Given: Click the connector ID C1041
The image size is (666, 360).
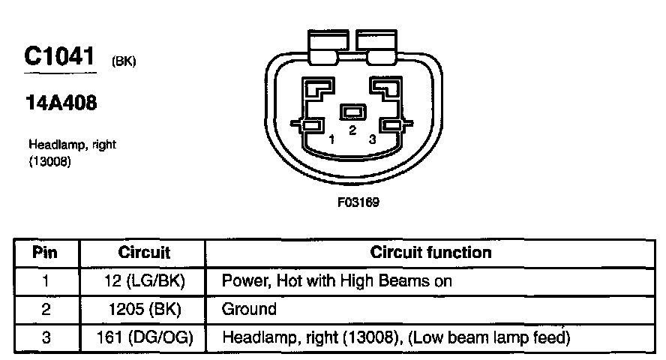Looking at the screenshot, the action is [60, 58].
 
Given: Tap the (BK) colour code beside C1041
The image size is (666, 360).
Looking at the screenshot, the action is [123, 62].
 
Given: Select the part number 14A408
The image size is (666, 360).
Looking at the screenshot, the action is [61, 104].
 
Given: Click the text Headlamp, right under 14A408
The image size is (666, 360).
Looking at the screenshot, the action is [72, 145].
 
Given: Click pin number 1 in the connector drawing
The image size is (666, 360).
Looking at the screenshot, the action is [331, 139].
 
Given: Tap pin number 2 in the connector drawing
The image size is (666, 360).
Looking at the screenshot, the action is [352, 130].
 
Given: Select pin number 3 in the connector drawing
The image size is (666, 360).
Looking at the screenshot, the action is [372, 139].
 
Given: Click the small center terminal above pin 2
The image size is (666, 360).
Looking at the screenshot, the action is [352, 112].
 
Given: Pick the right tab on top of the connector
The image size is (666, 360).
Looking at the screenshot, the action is [376, 46].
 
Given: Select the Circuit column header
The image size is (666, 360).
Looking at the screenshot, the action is [144, 253].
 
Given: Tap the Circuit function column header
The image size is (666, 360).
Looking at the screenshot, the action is [430, 253].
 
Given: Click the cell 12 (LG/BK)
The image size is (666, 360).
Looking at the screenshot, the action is [144, 281].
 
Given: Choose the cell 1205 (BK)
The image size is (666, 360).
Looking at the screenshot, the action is [144, 309].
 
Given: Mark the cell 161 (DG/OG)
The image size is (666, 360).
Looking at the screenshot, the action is [144, 337].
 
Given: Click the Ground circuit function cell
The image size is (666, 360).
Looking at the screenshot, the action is [249, 309].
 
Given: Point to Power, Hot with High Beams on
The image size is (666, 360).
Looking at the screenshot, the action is [337, 281].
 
